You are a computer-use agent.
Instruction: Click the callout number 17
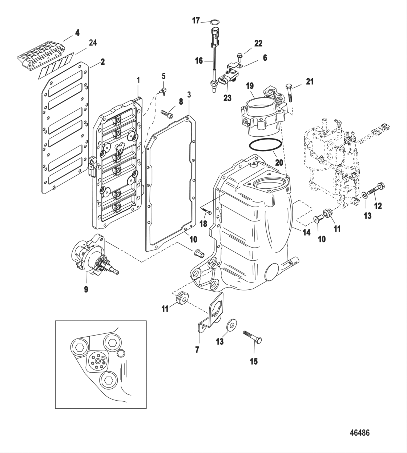tap(196, 21)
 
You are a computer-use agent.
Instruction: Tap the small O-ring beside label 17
tap(215, 23)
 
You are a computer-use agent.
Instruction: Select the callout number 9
tap(86, 290)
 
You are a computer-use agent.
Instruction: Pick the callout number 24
tap(93, 43)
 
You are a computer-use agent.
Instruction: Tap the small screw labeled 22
tap(239, 56)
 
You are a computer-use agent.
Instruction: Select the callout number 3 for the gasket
tap(189, 95)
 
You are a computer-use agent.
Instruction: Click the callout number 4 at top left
tap(77, 32)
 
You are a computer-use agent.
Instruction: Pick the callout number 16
tap(199, 61)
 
